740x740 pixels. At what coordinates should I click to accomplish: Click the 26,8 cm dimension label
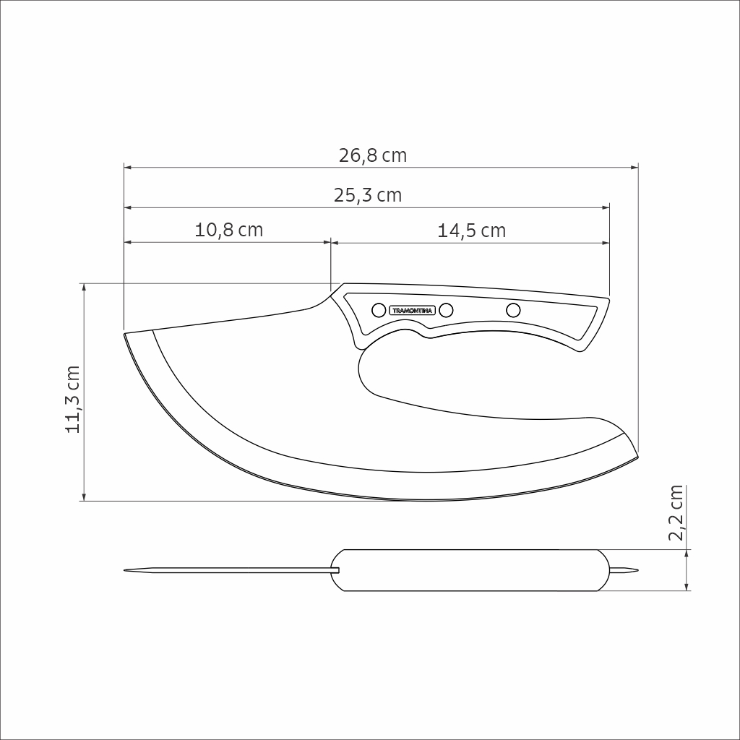(372, 156)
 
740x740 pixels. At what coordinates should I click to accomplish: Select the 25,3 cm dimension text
(368, 195)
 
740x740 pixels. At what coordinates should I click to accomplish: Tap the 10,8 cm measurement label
(228, 230)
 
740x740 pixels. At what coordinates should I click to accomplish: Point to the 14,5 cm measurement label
(471, 231)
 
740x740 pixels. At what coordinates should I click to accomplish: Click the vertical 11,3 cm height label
(73, 399)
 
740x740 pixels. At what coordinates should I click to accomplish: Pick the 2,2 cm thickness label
(676, 512)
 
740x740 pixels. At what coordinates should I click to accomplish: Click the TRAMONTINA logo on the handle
(412, 311)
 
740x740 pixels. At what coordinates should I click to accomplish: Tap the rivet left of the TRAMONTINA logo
(379, 310)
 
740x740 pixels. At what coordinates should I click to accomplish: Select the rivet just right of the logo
(446, 310)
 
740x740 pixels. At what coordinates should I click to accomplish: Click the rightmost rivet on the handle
(513, 310)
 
